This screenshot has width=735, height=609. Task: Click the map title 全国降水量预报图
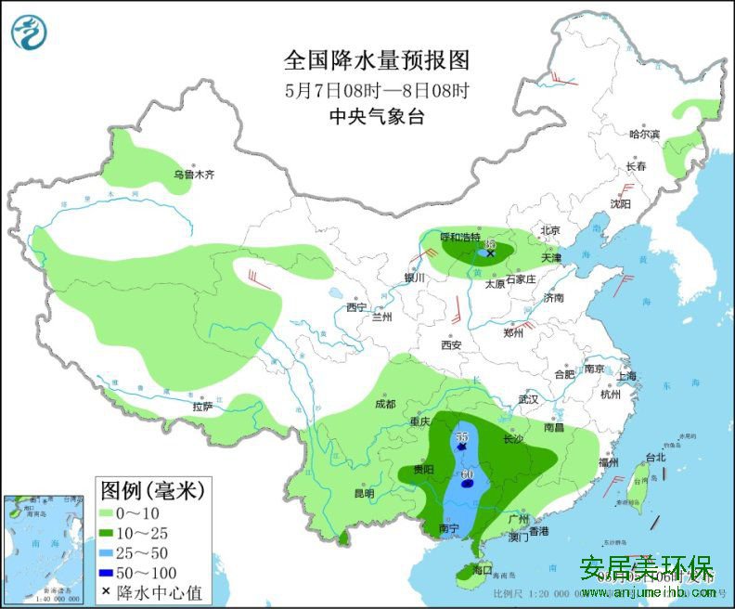click(377, 61)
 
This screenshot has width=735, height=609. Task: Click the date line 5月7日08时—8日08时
click(377, 91)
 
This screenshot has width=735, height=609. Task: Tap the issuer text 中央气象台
click(377, 117)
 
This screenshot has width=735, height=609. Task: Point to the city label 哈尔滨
click(643, 135)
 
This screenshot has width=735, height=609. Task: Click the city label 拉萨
click(202, 407)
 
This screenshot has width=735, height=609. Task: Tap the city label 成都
click(385, 405)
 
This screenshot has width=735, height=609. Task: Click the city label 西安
click(452, 344)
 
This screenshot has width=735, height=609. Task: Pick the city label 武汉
click(528, 399)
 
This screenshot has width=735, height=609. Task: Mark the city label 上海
click(625, 376)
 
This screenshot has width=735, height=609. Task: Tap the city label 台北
click(655, 458)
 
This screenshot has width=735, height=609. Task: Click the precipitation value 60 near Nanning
click(468, 475)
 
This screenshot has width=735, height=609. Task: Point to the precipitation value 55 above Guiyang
click(462, 436)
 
